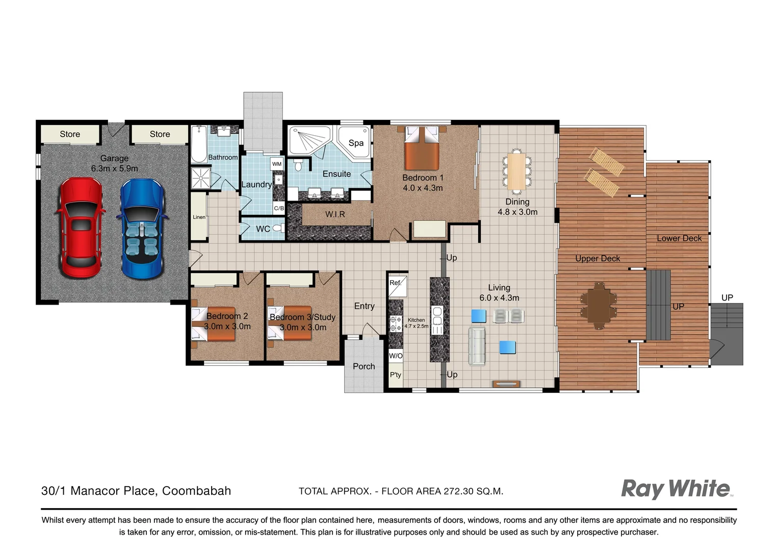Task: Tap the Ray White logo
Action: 676,489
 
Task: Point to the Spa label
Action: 356,143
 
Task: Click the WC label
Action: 263,229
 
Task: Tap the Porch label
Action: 363,366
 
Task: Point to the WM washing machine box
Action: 277,164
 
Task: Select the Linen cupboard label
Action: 199,217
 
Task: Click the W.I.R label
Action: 335,214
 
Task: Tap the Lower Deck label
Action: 679,238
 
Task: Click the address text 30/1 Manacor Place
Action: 136,491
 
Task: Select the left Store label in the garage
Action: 70,134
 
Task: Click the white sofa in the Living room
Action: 477,346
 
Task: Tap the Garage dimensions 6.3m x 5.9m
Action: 114,168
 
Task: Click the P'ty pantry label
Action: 396,375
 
